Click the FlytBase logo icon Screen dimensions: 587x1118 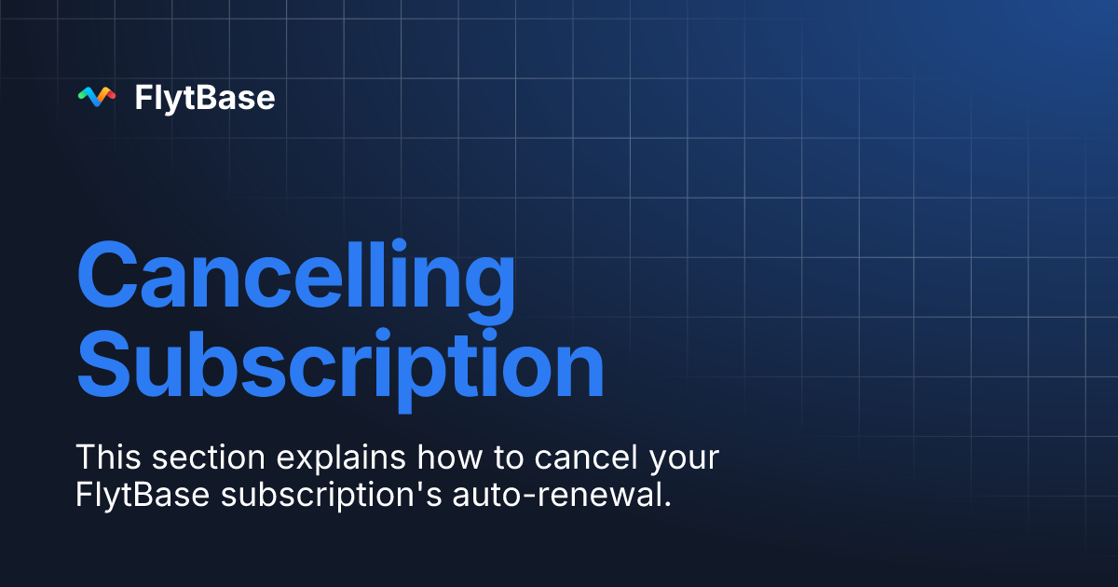(97, 97)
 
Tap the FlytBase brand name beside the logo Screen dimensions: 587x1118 (205, 98)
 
